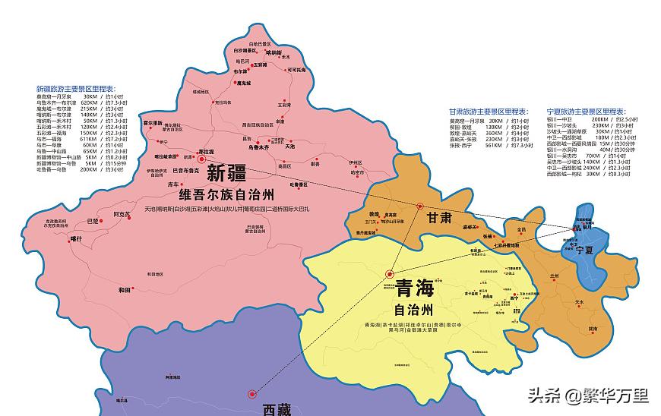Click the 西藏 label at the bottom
pos(277,410)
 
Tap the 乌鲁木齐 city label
pos(274,147)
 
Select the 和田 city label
pos(125,290)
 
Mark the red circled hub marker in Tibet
pos(251,393)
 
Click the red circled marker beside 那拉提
pos(201,160)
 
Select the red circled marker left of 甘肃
pos(419,206)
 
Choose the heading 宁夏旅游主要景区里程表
pos(586,111)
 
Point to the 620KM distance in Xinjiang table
pos(90,102)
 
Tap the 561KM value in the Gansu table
pos(495,147)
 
